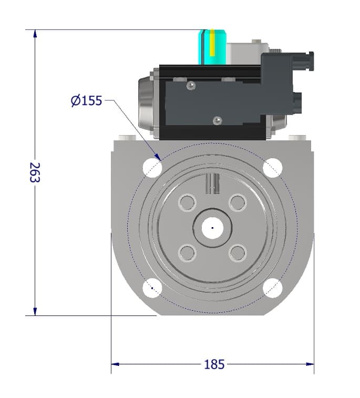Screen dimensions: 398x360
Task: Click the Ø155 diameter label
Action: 87,100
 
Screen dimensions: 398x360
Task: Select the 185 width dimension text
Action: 214,364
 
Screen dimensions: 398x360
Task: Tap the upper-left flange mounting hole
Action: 152,167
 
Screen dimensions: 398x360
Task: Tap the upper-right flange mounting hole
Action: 273,167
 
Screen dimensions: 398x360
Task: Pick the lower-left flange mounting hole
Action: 152,288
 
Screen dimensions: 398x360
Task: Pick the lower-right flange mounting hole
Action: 273,288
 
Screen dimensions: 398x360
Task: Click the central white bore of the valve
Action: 212,228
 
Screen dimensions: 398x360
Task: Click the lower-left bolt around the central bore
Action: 187,253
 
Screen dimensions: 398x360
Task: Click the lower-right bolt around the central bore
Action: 238,253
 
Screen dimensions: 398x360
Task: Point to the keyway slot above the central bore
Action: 212,183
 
